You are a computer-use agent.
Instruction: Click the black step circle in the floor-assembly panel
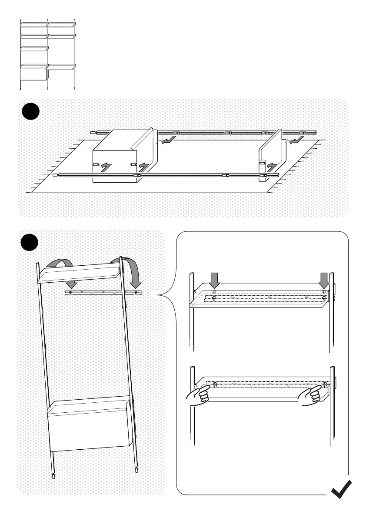pos(31,112)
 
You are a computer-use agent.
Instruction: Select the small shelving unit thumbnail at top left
pos(48,54)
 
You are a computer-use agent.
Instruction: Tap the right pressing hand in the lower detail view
pos(309,397)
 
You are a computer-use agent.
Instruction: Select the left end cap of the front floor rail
pos(55,176)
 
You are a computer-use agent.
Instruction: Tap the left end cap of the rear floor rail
pos(92,131)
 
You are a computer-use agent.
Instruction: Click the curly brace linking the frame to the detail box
pos(163,296)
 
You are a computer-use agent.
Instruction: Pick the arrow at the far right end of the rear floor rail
pos(297,140)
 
